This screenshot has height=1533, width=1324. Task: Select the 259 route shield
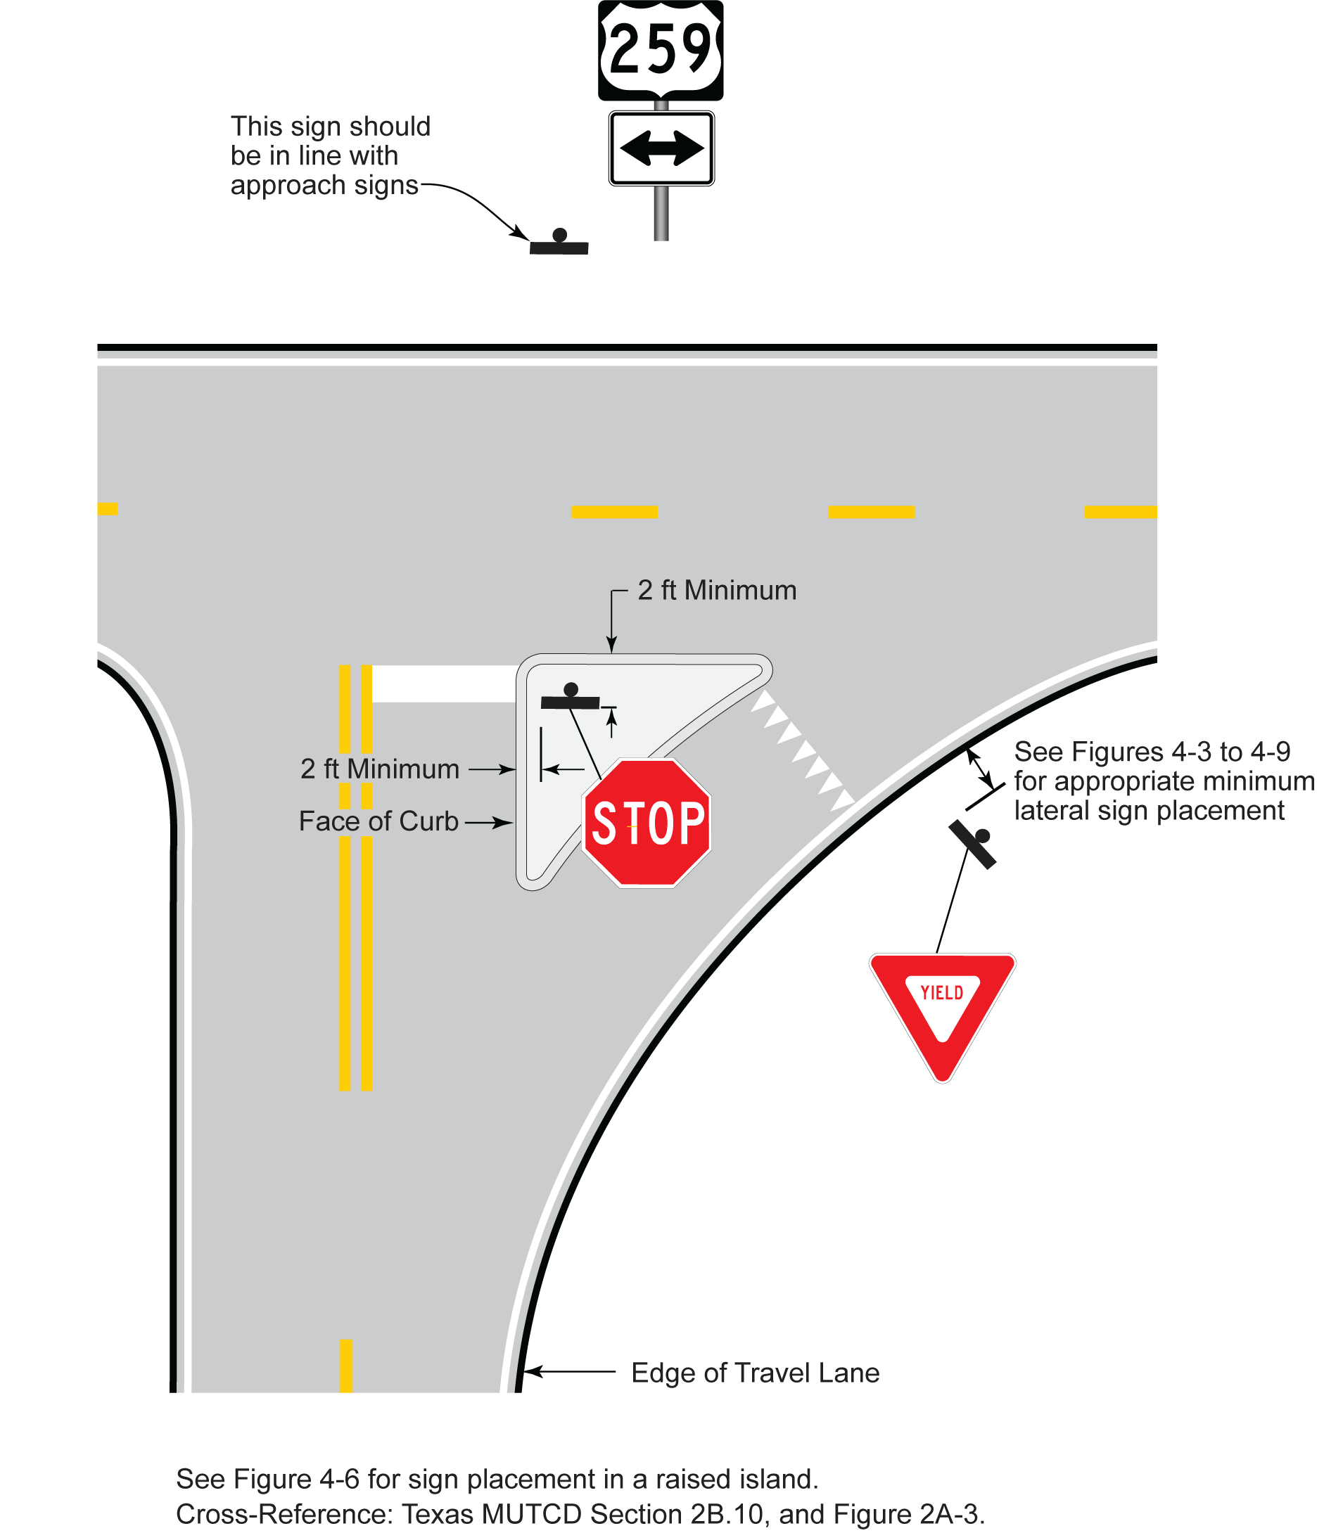click(x=660, y=48)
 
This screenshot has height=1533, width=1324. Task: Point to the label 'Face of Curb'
click(x=378, y=821)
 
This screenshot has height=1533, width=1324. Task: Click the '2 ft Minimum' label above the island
click(x=716, y=591)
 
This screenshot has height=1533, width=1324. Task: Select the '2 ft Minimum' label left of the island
click(x=380, y=769)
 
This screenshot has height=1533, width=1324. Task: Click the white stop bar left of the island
click(x=444, y=684)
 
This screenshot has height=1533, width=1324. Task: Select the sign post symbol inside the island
click(x=570, y=698)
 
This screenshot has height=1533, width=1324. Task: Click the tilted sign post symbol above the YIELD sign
click(x=973, y=842)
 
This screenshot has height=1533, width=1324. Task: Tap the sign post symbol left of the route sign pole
click(x=559, y=243)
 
